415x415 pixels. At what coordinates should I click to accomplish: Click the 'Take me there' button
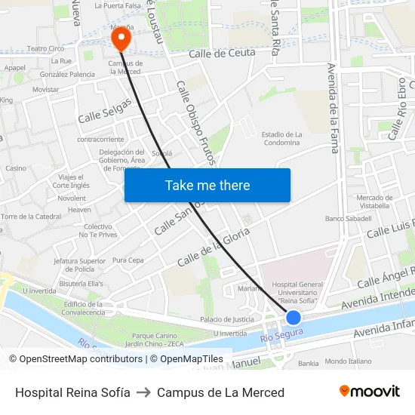point(207,185)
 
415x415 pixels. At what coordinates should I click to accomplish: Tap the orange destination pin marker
point(120,37)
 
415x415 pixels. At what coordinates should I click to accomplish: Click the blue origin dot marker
point(294,318)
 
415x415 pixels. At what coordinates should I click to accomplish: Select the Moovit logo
point(370,391)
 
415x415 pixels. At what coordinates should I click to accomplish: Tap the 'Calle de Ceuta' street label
point(222,53)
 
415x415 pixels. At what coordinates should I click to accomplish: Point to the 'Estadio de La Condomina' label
point(281,138)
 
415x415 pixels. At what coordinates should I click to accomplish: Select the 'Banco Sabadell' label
point(348,218)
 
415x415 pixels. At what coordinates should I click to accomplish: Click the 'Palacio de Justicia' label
point(226,319)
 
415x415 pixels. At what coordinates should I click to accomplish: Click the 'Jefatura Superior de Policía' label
point(79,264)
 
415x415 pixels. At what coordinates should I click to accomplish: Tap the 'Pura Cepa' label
point(128,260)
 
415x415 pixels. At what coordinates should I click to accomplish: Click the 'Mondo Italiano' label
point(348,361)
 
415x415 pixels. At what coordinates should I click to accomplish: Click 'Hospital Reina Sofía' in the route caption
point(72,392)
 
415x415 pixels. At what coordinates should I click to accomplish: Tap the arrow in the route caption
point(143,392)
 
